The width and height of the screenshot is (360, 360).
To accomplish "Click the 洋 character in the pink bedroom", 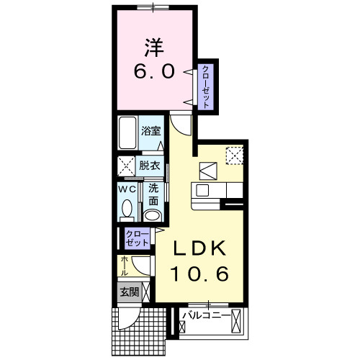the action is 154,48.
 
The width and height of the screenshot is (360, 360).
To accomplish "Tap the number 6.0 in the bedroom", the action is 154,71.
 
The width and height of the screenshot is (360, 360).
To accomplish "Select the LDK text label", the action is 199,248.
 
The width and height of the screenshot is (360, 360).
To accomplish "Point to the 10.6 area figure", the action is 199,274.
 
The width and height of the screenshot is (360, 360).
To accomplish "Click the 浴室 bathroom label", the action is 151,131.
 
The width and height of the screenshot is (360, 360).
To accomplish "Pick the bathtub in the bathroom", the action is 127,133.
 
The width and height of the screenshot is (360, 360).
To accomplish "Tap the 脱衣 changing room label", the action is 150,166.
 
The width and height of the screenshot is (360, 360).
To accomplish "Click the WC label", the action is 127,189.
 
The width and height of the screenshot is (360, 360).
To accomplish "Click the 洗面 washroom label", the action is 153,194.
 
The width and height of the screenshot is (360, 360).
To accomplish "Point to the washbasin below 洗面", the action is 153,215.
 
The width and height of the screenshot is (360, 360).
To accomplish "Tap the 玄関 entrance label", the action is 130,292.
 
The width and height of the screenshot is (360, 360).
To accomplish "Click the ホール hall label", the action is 125,266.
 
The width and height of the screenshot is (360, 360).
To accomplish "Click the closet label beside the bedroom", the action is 206,87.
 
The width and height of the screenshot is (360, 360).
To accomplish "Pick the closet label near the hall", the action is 138,238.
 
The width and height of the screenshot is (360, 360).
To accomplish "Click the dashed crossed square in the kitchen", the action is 235,156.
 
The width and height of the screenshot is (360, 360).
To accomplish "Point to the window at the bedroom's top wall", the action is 153,8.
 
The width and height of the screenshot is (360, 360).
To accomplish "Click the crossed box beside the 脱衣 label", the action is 126,166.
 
